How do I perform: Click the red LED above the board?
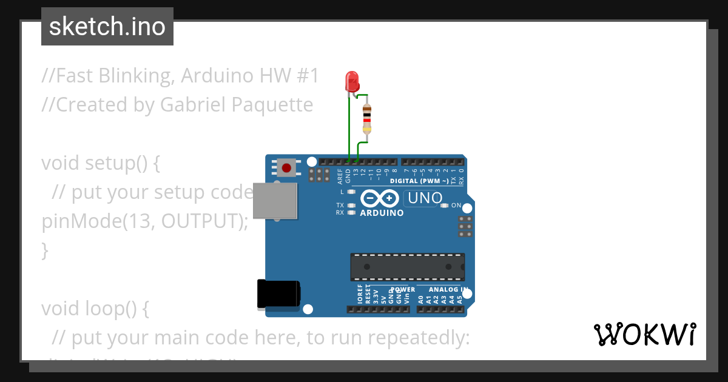[x=351, y=81]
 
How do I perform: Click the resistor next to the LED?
[x=366, y=118]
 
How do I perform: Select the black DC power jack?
[x=278, y=294]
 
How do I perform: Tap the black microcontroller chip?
[x=407, y=267]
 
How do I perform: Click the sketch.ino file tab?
[x=107, y=27]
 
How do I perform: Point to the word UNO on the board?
[x=425, y=198]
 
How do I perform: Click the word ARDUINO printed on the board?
[x=382, y=213]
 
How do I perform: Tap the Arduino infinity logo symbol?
[x=380, y=198]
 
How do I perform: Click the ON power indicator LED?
[x=445, y=206]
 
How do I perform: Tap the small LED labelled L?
[x=351, y=192]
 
